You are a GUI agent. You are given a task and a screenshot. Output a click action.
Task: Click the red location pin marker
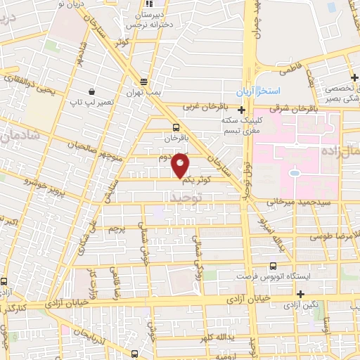[x=181, y=165]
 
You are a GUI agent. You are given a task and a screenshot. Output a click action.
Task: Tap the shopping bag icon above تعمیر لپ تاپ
[x=91, y=91]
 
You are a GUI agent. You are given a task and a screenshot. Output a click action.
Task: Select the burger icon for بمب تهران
[x=143, y=80]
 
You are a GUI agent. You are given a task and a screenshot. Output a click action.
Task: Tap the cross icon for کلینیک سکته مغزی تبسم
[x=242, y=110]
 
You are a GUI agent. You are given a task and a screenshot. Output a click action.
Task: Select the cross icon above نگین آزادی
[x=302, y=294]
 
